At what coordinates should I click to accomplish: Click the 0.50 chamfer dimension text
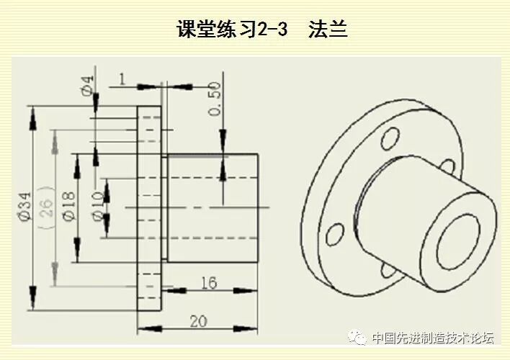click(213, 98)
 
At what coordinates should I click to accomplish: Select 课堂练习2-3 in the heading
click(232, 30)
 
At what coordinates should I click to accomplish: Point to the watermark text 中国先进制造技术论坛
click(432, 338)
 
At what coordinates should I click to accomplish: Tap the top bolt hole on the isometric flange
click(390, 135)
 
